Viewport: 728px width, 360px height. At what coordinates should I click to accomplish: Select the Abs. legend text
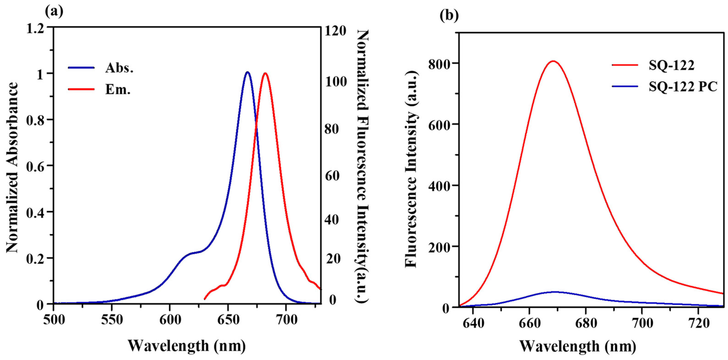(119, 68)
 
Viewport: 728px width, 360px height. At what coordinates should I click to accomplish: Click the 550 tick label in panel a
(112, 320)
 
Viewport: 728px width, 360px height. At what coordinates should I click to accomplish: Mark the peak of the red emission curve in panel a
(265, 73)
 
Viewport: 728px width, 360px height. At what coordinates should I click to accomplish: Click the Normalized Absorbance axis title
(12, 167)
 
